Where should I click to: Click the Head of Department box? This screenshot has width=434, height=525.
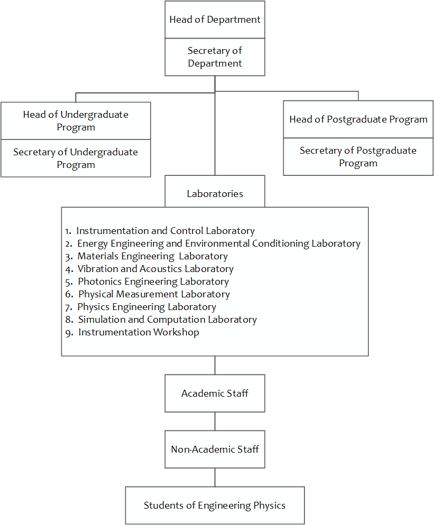tap(215, 20)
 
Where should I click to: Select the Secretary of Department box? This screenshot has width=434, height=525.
tap(215, 57)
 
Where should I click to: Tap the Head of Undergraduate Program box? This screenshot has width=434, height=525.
tap(76, 121)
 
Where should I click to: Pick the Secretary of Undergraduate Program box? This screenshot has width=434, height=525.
tap(76, 158)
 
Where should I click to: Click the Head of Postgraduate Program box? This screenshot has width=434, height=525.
tap(358, 119)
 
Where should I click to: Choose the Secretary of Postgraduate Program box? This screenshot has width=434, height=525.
tap(358, 157)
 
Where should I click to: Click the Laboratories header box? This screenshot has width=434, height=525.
tap(215, 194)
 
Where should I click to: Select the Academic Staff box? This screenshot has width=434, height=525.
tap(215, 393)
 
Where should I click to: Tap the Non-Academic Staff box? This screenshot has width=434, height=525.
tap(215, 449)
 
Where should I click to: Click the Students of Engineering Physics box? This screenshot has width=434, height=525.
tap(215, 505)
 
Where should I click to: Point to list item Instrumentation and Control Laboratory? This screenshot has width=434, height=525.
tap(165, 231)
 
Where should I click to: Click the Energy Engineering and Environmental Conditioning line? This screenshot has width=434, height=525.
tap(218, 243)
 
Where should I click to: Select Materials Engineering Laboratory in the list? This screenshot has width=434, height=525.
tap(152, 256)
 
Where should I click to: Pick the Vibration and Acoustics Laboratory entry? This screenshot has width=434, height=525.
tap(155, 269)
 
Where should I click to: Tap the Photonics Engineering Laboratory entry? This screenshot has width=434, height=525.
tap(153, 282)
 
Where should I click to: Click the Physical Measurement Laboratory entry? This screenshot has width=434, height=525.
tap(154, 294)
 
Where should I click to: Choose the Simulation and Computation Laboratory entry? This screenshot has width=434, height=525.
tap(167, 320)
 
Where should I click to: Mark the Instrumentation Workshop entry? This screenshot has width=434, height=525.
tap(138, 332)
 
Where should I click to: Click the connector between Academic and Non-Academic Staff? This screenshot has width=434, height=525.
tap(215, 421)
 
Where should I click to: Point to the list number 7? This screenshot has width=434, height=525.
tap(68, 307)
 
